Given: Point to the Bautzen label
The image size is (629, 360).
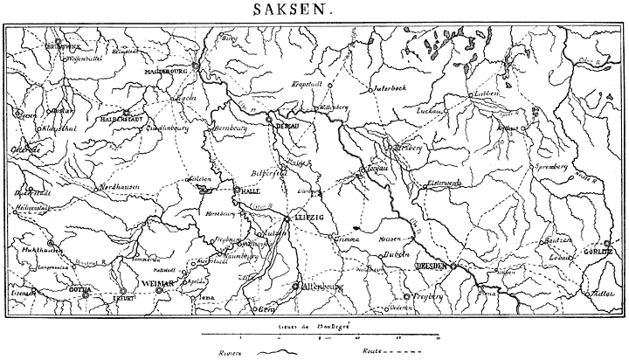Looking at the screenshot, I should pos(559,240).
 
